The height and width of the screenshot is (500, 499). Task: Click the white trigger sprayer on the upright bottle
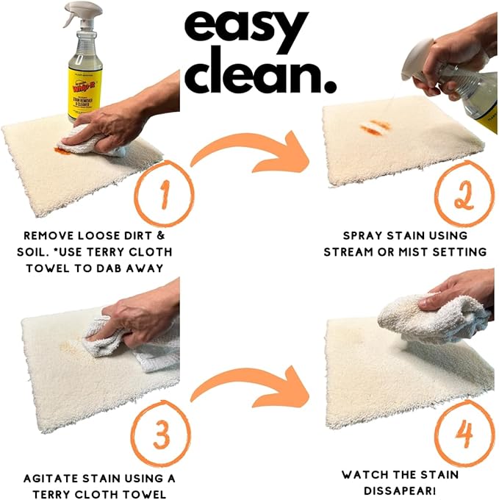78,15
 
